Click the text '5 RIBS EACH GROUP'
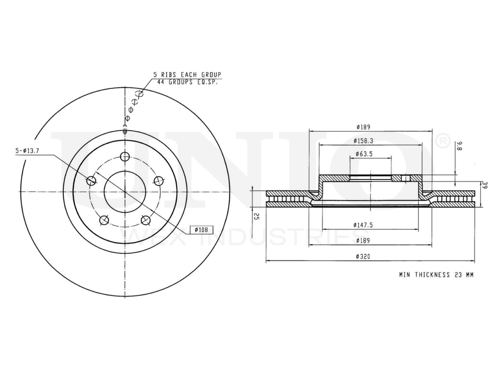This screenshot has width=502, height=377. [x=187, y=74]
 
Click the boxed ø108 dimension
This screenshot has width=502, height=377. [x=199, y=230]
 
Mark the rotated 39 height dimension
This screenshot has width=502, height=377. [x=485, y=185]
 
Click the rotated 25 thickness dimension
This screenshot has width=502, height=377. [x=257, y=216]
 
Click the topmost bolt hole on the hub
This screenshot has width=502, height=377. [x=125, y=156]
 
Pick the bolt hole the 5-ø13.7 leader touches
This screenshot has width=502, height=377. [x=91, y=181]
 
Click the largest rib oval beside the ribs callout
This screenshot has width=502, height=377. [x=140, y=93]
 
